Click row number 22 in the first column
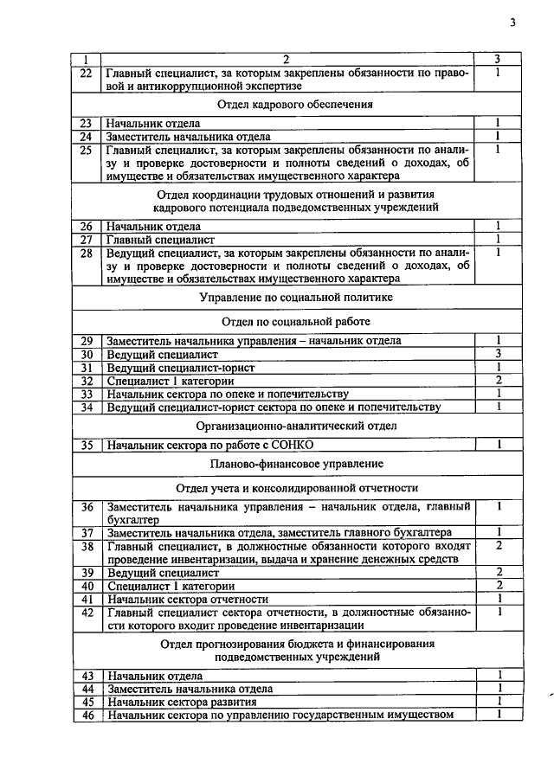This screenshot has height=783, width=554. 86,73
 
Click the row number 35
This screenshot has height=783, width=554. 86,445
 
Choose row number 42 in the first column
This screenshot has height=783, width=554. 86,612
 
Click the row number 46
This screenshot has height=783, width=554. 86,715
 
